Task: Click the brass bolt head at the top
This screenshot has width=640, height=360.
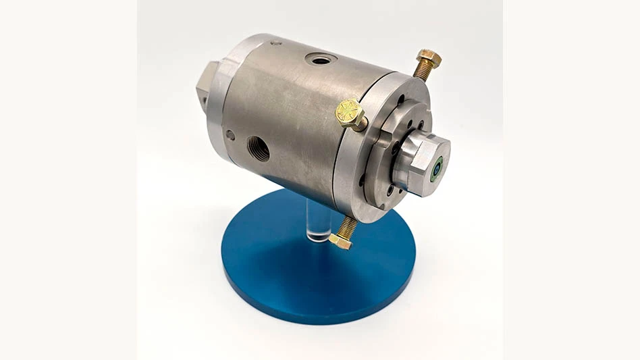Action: (x=429, y=58)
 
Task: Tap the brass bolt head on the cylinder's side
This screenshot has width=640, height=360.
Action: (x=350, y=113)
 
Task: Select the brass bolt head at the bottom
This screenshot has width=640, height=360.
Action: (x=340, y=241)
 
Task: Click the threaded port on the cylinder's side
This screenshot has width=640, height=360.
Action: (x=257, y=149)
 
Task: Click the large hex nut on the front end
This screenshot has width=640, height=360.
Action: (x=430, y=163)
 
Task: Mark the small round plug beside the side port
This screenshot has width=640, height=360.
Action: (x=232, y=135)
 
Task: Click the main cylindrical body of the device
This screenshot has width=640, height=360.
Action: (x=297, y=115)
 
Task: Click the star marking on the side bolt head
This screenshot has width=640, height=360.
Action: (x=350, y=111)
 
